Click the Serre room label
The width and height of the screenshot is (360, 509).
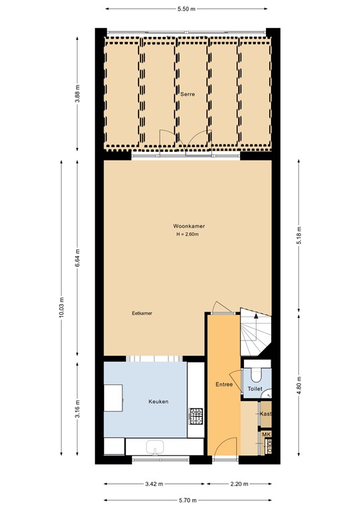coord(188,95)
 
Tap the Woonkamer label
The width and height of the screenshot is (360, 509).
coord(188,227)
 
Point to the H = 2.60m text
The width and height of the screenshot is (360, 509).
coord(188,235)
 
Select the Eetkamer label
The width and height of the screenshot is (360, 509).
coord(142,313)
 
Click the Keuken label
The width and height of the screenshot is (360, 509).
coord(158,402)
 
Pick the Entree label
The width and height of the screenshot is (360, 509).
coord(223,384)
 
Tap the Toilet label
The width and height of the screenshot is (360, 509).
coord(255,389)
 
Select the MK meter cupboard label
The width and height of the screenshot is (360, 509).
coord(267,435)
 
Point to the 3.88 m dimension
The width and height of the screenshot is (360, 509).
coord(78,91)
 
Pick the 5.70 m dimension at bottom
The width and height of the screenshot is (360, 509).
coord(188,501)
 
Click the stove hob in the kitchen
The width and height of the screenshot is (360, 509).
coord(197,416)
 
